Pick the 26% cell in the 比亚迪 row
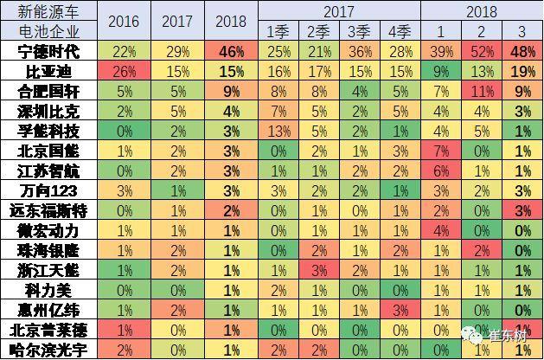coord(124,71)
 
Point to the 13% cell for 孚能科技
coord(278,131)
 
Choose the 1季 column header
coord(278,32)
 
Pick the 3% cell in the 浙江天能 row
coord(318,270)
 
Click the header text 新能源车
coord(35,11)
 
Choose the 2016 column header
coord(124,21)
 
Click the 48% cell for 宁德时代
coord(522,51)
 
